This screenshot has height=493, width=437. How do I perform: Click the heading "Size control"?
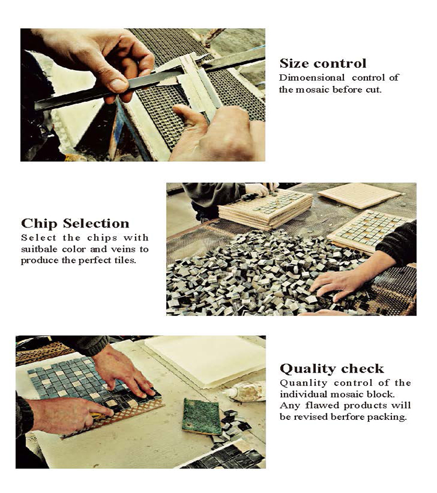pyautogui.click(x=323, y=63)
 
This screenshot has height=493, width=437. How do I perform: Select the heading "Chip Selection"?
pyautogui.click(x=75, y=223)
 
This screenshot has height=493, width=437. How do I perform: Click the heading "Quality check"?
pyautogui.click(x=332, y=368)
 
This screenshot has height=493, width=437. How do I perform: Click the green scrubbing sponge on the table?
pyautogui.click(x=201, y=416)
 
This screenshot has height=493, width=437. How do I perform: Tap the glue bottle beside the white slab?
pyautogui.click(x=245, y=392)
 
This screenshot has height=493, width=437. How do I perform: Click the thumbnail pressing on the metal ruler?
pyautogui.click(x=118, y=85)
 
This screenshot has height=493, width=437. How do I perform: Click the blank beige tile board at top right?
pyautogui.click(x=360, y=195)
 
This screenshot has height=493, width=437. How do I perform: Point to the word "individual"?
pyautogui.click(x=304, y=394)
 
